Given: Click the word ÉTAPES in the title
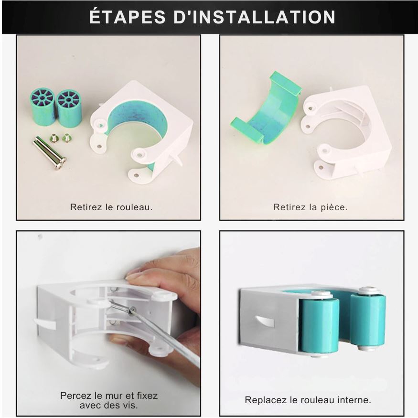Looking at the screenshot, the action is [127, 17].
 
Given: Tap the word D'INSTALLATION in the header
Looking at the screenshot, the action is [254, 17].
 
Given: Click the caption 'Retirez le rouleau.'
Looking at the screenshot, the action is [111, 207].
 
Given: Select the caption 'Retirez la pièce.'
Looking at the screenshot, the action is [311, 207].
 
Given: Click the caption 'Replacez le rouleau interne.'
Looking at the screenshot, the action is [308, 400].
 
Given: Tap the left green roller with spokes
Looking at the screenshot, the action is [43, 107].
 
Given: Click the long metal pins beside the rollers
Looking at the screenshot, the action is [50, 152].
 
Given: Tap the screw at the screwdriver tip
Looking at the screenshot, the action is [131, 311].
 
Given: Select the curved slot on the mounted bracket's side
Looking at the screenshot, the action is [265, 322].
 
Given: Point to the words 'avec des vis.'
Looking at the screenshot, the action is [109, 406].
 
